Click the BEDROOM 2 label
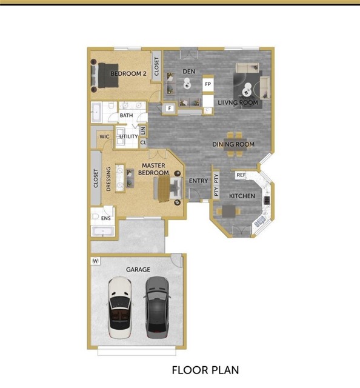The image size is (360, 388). (x=128, y=74)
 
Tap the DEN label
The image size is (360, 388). (x=189, y=72)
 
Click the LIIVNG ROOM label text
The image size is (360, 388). (x=238, y=103)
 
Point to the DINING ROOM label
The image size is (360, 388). (x=233, y=144)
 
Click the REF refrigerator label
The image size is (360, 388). (x=241, y=175)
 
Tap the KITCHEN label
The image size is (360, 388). (x=241, y=196)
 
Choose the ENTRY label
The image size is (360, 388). (x=199, y=181)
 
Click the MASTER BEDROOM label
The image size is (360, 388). (x=154, y=169)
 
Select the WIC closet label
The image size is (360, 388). (x=104, y=137)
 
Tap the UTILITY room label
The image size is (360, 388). (x=128, y=137)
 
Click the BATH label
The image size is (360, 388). (x=126, y=115)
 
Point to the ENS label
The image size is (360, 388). (x=105, y=218)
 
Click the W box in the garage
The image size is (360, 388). (x=95, y=261)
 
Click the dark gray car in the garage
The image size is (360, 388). (x=156, y=307)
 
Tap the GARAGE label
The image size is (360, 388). (x=138, y=269)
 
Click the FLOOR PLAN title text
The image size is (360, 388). (x=205, y=369)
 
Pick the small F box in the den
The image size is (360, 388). (x=170, y=109)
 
